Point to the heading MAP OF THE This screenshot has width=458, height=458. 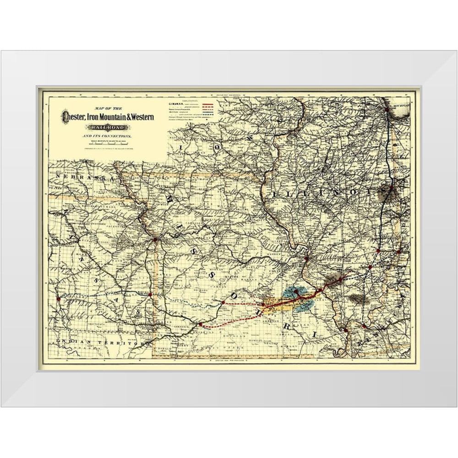(106, 108)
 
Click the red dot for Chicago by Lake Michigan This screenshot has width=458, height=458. (387, 110)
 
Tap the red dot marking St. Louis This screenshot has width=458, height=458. (306, 259)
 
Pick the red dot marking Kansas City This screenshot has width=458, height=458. (155, 239)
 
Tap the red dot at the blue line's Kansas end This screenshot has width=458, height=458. (58, 299)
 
